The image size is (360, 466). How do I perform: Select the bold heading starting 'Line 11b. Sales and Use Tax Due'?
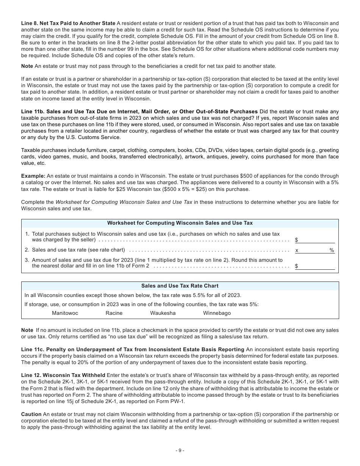pyautogui.click(x=139, y=111)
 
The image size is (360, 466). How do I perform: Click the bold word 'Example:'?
pyautogui.click(x=33, y=176)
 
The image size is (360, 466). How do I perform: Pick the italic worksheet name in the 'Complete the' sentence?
pyautogui.click(x=124, y=202)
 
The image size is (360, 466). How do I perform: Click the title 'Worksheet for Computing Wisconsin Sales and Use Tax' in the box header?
pyautogui.click(x=180, y=223)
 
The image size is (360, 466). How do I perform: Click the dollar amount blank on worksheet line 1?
pyautogui.click(x=317, y=240)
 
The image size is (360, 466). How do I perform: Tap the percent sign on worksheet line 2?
pyautogui.click(x=332, y=250)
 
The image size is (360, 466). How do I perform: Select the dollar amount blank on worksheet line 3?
pyautogui.click(x=317, y=266)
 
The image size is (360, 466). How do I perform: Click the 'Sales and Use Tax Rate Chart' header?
pyautogui.click(x=180, y=286)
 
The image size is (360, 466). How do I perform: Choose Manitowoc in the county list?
pyautogui.click(x=65, y=313)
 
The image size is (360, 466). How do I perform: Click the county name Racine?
pyautogui.click(x=114, y=313)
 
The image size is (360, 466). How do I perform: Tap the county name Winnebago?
pyautogui.click(x=217, y=313)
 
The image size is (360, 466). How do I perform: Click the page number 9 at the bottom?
pyautogui.click(x=180, y=450)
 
